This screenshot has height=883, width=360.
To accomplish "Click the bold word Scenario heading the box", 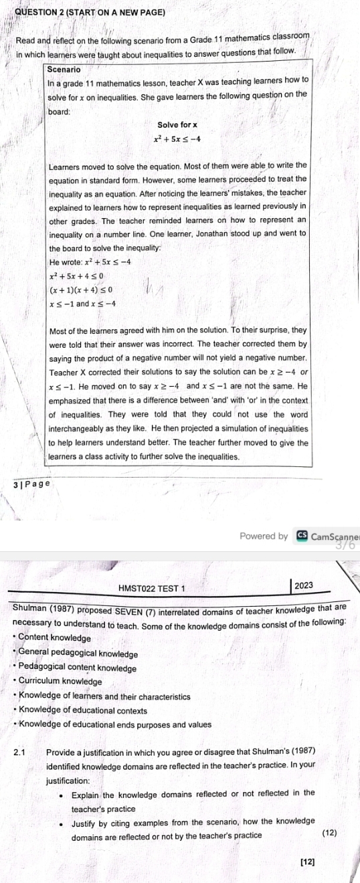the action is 64,69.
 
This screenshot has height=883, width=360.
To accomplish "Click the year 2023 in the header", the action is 303,585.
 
